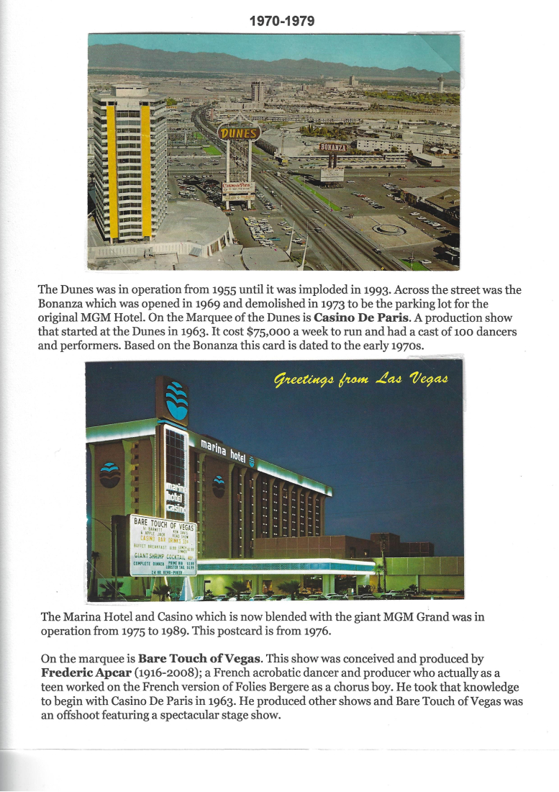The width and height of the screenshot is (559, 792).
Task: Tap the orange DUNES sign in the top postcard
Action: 238,133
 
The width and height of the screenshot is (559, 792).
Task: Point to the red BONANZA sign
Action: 333,148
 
